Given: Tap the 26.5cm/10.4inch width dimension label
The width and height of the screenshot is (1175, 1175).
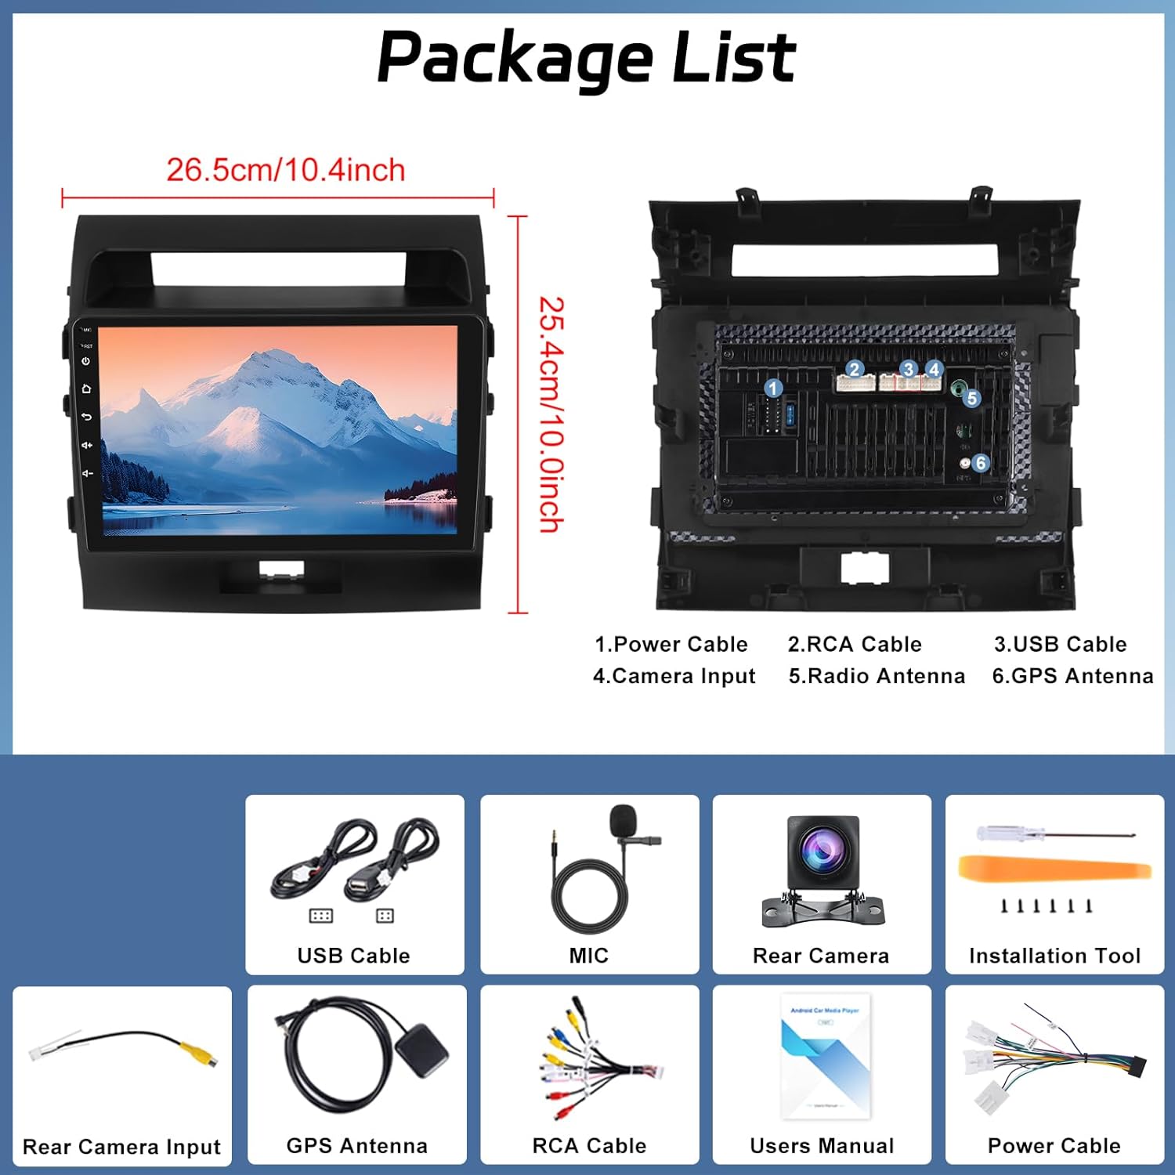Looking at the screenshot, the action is click(x=285, y=170).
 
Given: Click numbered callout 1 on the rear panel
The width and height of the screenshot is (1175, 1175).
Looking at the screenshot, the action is click(x=773, y=388).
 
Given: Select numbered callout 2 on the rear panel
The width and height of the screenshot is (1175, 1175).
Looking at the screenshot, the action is click(x=854, y=369).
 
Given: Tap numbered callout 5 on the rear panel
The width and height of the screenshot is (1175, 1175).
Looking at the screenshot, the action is click(x=972, y=398).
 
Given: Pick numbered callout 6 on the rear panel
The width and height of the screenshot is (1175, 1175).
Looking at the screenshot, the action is click(x=980, y=463).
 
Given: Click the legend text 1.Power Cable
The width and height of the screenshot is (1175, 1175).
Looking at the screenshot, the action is click(x=671, y=644).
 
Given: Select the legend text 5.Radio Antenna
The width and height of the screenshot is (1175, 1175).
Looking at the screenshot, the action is click(x=877, y=676).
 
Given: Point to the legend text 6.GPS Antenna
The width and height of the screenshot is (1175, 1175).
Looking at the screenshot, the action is click(x=1072, y=676).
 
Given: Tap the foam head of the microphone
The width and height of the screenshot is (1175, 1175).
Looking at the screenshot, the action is click(x=623, y=819).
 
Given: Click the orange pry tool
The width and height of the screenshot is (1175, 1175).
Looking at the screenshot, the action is click(x=1054, y=870).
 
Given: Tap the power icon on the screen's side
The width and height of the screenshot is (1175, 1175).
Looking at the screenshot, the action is click(x=86, y=361).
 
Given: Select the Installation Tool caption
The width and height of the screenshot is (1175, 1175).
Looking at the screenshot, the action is click(x=1054, y=956).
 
